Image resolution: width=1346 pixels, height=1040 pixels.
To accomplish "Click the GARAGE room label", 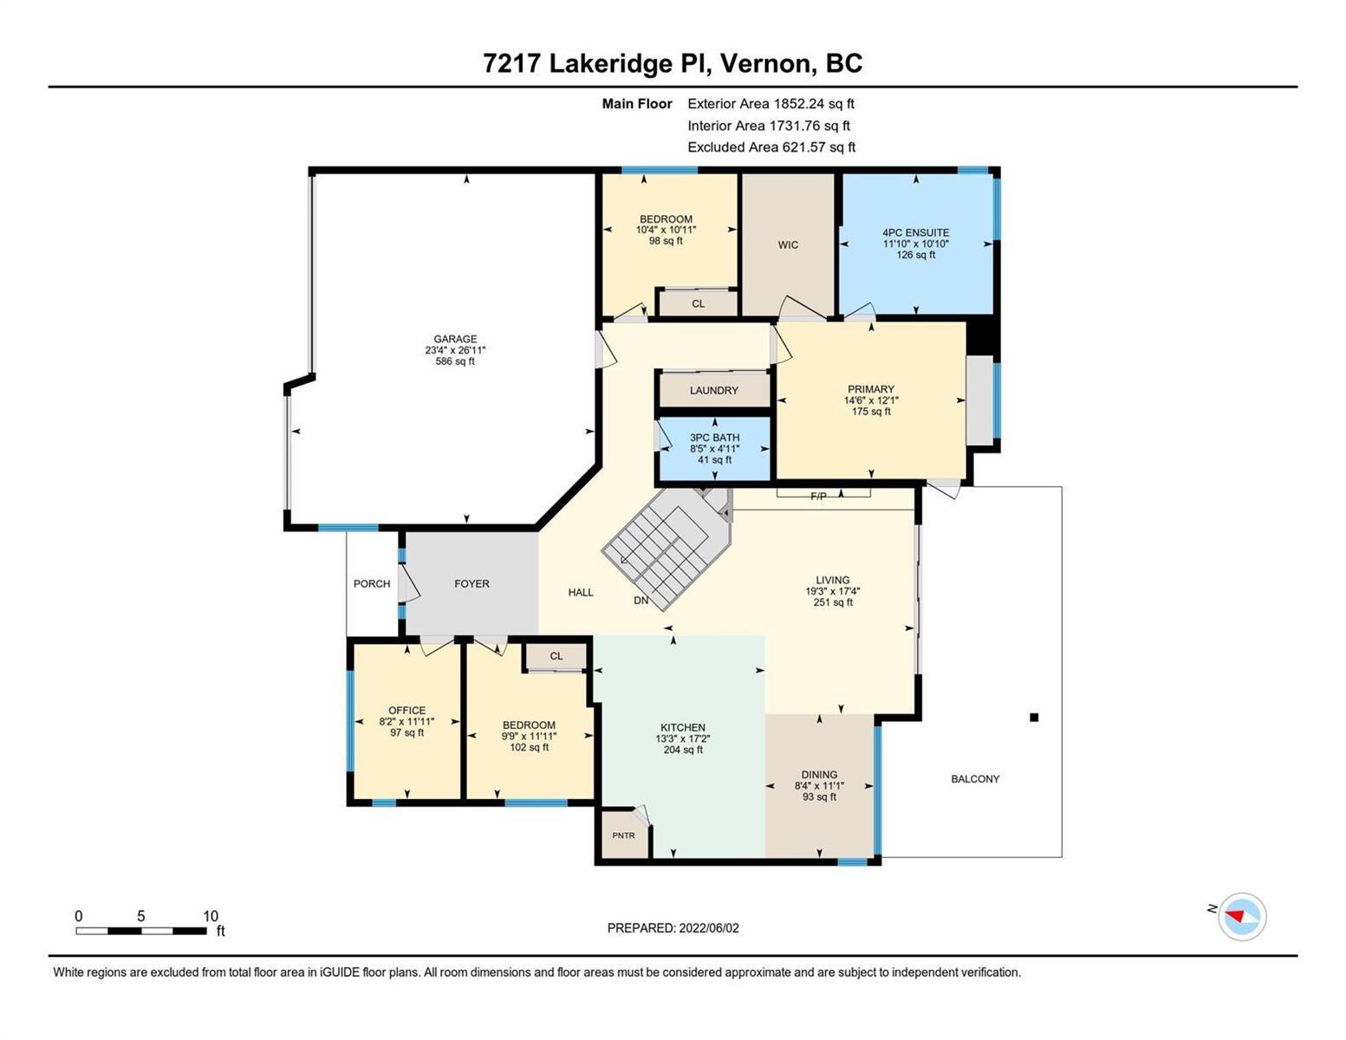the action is [455, 339].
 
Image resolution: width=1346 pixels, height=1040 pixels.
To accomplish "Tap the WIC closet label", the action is [787, 244].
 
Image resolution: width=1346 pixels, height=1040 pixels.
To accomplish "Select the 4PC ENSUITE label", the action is [915, 232].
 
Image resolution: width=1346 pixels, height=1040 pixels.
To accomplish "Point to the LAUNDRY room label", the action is [713, 390].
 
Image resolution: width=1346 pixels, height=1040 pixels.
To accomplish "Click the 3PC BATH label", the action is [715, 438].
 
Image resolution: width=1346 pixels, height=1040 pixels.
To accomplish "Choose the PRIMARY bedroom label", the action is [871, 389].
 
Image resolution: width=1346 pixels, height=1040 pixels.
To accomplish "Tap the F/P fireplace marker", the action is [818, 496].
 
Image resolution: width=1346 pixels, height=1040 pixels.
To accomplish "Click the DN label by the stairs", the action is [641, 601].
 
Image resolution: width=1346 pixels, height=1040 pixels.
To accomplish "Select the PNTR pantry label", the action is [623, 835].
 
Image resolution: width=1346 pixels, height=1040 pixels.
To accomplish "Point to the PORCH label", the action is [372, 583].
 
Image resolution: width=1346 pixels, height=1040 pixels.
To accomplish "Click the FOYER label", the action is [471, 583].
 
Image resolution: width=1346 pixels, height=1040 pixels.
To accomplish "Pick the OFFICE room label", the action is [407, 710].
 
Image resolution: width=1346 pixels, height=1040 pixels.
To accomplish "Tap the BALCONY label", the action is [975, 778].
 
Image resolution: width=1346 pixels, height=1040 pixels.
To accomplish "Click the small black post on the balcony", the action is [1034, 718].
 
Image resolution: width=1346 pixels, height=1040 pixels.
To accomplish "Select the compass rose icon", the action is [1242, 916].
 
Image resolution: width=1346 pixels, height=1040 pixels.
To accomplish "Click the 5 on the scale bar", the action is [141, 915].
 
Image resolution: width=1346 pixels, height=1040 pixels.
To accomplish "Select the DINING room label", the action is [819, 774].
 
